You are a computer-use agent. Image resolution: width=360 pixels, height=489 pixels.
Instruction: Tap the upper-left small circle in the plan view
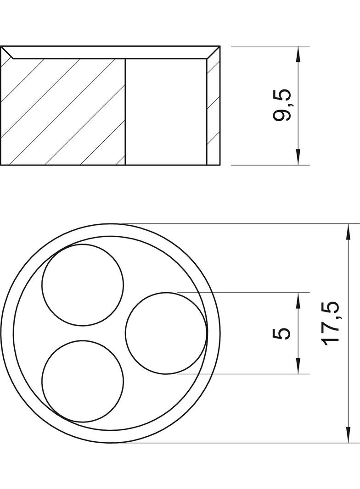[83, 285]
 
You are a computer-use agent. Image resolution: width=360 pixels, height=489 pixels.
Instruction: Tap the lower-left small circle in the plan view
[83, 381]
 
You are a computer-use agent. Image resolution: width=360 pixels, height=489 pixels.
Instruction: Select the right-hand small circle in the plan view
[166, 333]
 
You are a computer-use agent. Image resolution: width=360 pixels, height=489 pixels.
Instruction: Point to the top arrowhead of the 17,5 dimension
[345, 231]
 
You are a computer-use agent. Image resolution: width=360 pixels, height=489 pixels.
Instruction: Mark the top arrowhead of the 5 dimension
[298, 300]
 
